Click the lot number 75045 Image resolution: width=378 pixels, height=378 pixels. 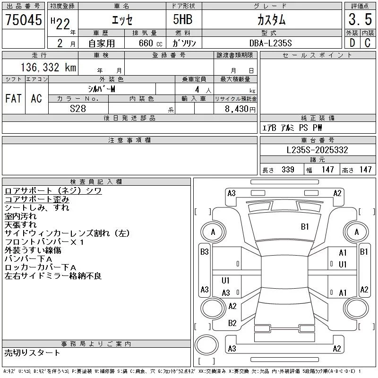pyautogui.click(x=23, y=20)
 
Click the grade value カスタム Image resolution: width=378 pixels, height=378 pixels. pyautogui.click(x=271, y=20)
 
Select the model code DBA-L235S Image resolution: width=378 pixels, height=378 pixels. pyautogui.click(x=271, y=43)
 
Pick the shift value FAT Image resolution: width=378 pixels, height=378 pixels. pyautogui.click(x=13, y=98)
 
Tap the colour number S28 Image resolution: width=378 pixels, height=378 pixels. pyautogui.click(x=77, y=108)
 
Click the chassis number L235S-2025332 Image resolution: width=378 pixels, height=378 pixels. pyautogui.click(x=318, y=150)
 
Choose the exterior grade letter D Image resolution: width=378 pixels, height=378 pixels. pyautogui.click(x=352, y=43)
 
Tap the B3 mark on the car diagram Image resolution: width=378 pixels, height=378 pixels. pyautogui.click(x=204, y=252)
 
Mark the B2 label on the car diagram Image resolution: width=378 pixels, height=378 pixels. pyautogui.click(x=232, y=323)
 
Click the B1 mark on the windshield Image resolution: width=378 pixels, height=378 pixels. pyautogui.click(x=305, y=226)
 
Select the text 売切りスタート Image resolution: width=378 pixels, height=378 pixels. pyautogui.click(x=32, y=352)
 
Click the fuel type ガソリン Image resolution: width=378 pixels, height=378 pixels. pyautogui.click(x=185, y=43)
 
